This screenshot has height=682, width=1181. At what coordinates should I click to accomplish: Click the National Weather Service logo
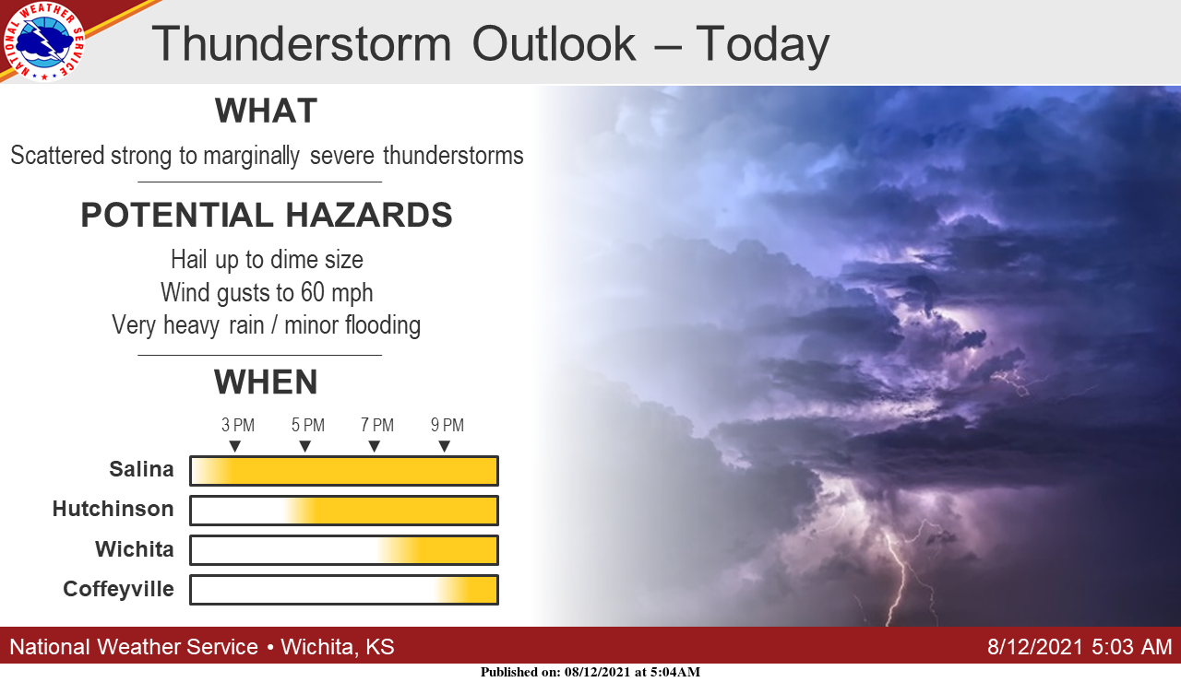43,42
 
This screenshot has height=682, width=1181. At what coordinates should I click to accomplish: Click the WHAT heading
267,112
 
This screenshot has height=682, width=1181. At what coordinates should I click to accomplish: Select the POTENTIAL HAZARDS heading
267,215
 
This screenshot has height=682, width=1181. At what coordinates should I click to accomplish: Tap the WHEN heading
266,382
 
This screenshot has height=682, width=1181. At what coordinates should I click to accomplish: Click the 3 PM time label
238,425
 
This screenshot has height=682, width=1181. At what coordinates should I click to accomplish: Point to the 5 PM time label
308,425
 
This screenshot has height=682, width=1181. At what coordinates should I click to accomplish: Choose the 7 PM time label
377,425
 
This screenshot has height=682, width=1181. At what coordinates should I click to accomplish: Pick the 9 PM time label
447,425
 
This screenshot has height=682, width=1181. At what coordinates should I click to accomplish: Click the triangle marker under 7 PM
375,447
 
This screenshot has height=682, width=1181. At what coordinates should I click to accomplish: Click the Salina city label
141,469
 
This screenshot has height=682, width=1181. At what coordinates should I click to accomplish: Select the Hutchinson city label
113,509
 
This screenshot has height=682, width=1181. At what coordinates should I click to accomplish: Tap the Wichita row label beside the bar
135,549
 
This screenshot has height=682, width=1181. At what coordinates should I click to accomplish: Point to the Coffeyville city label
118,589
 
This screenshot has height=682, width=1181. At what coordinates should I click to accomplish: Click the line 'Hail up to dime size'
267,260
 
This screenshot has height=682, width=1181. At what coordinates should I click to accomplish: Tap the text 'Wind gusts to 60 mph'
267,293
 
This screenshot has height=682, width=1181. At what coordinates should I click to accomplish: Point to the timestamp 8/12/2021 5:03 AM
1080,647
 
